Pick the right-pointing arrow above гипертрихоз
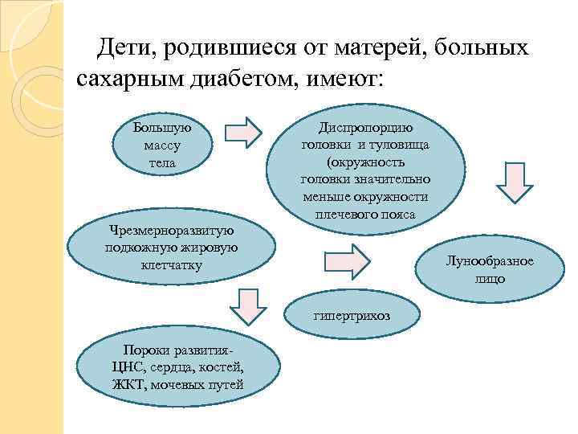point(347,259)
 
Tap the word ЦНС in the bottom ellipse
point(129,367)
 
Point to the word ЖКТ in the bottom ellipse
point(130,383)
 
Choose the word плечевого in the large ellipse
point(340,215)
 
